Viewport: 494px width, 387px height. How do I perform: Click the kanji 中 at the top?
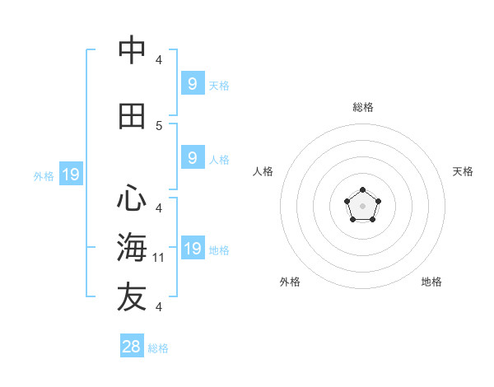click(132, 50)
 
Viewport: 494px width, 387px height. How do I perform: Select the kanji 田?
click(132, 116)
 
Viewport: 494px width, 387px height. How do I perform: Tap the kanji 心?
click(132, 198)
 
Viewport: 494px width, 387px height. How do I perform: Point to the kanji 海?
click(132, 248)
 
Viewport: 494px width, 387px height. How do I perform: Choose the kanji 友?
click(132, 298)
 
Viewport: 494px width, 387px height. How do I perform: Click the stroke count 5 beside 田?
click(159, 125)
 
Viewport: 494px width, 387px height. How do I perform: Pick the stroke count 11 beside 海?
click(159, 258)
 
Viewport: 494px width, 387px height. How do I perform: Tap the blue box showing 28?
click(132, 347)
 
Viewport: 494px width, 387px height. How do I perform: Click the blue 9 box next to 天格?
click(192, 83)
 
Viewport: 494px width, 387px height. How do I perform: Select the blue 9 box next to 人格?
click(192, 157)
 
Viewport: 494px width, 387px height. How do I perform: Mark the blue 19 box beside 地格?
click(192, 248)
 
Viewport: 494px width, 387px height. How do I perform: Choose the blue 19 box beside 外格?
click(70, 174)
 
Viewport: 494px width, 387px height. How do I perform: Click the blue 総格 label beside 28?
click(158, 348)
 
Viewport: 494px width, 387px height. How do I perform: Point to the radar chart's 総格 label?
click(363, 107)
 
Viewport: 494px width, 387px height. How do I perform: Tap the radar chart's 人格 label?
click(263, 171)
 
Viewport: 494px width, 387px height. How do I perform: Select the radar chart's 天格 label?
click(463, 171)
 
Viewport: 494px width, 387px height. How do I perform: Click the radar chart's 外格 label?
click(290, 282)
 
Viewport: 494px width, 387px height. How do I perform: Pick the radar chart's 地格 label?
click(431, 282)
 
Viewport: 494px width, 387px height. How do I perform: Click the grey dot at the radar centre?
click(363, 206)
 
